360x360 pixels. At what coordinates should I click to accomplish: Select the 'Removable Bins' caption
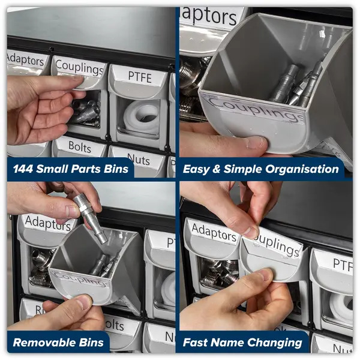(x=59, y=343)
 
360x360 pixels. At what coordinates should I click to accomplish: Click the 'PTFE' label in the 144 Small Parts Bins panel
(x=139, y=77)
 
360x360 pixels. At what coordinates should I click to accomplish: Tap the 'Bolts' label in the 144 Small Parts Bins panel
(x=79, y=146)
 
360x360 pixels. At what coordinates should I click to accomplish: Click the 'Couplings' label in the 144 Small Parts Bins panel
(x=79, y=67)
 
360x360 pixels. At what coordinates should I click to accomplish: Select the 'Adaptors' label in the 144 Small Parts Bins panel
(x=27, y=59)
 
